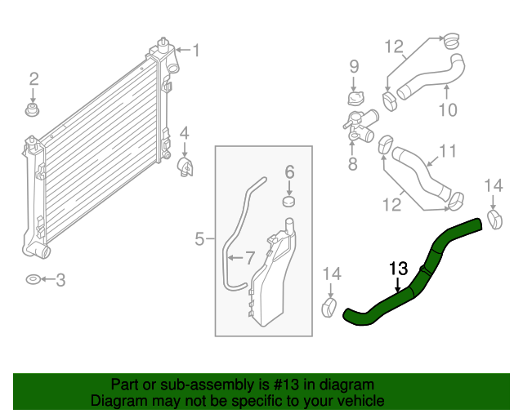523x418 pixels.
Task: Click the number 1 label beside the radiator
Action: coord(195,51)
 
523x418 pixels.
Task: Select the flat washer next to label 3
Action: coord(31,280)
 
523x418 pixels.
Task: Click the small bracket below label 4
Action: coord(186,167)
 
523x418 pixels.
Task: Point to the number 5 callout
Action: coord(199,239)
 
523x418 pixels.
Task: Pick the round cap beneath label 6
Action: coord(288,201)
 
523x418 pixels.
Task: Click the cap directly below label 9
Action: coord(354,99)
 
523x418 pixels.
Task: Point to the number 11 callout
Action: coord(447,151)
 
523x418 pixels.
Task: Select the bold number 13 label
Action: coord(397,267)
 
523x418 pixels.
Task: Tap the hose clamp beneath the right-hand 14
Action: coord(494,218)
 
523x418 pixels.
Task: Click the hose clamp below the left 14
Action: coord(330,309)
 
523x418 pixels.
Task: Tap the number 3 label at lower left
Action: coord(60,280)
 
